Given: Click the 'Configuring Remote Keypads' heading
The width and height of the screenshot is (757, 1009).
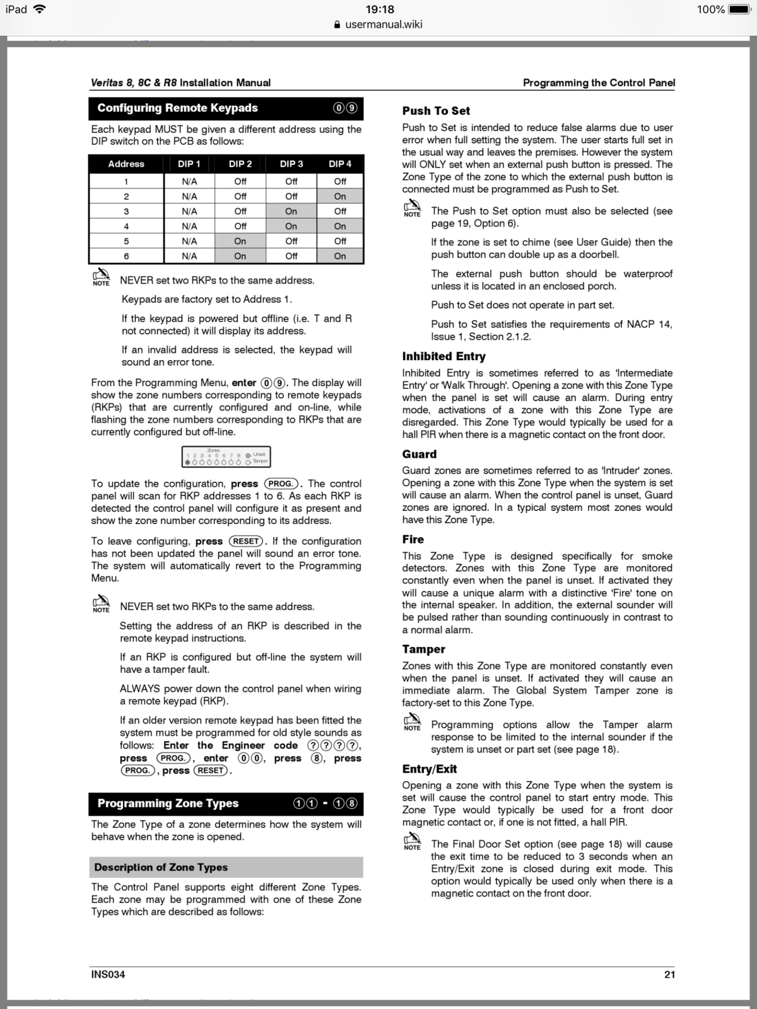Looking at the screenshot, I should pyautogui.click(x=177, y=108).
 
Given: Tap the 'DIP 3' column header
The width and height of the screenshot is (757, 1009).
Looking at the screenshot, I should pyautogui.click(x=291, y=164).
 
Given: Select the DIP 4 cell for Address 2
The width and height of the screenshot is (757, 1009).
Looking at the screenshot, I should pyautogui.click(x=340, y=196).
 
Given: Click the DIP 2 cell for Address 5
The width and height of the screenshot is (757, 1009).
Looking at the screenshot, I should pyautogui.click(x=240, y=241).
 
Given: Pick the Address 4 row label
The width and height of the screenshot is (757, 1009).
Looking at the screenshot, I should pyautogui.click(x=126, y=226).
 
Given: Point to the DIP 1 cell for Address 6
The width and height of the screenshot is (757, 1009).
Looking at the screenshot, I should pyautogui.click(x=189, y=256).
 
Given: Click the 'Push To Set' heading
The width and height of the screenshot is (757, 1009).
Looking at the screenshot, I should pyautogui.click(x=436, y=111).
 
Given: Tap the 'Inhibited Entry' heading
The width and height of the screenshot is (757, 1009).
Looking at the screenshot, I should pyautogui.click(x=443, y=356).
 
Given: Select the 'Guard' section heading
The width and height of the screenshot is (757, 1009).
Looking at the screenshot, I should pyautogui.click(x=419, y=454).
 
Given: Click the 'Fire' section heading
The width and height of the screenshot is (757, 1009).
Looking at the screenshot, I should pyautogui.click(x=413, y=539).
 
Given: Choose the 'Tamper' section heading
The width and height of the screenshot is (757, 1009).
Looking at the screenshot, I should pyautogui.click(x=423, y=649).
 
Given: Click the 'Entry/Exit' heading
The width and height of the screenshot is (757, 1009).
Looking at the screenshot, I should pyautogui.click(x=429, y=769).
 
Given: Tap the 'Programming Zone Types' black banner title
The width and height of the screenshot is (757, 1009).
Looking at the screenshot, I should pyautogui.click(x=168, y=803).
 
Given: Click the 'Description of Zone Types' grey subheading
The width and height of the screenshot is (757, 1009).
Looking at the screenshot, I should pyautogui.click(x=161, y=867).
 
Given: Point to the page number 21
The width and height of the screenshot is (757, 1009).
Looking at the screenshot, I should pyautogui.click(x=669, y=974).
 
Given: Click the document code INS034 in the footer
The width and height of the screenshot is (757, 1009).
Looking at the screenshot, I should pyautogui.click(x=108, y=974).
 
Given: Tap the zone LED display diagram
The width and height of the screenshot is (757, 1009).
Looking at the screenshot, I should pyautogui.click(x=226, y=457).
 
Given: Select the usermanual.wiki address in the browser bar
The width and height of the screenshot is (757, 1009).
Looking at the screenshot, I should pyautogui.click(x=383, y=25).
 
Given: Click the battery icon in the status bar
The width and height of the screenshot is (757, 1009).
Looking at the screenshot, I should pyautogui.click(x=738, y=9).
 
